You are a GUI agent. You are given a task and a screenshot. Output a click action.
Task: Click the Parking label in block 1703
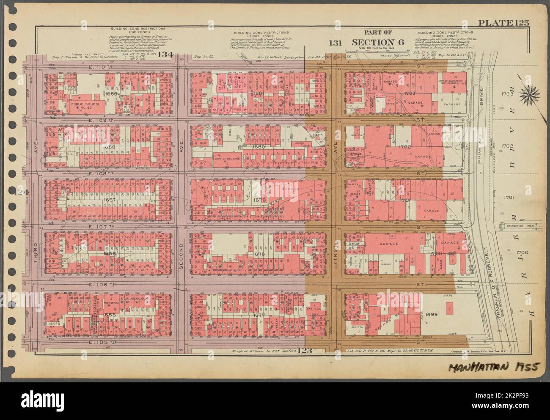451,104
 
